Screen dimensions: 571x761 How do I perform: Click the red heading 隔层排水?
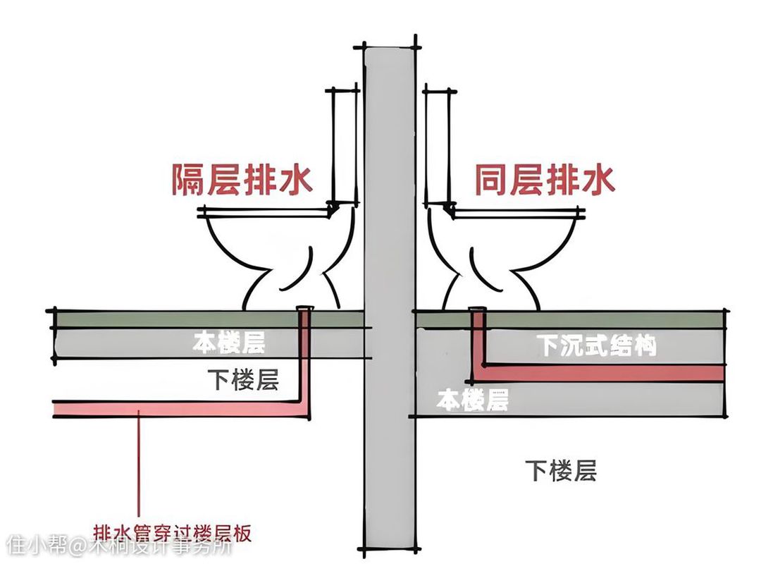coord(242,180)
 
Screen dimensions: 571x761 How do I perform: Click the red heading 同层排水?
coord(544,180)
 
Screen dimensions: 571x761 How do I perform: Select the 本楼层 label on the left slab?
coord(229,344)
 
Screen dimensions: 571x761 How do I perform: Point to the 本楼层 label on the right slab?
coord(473,400)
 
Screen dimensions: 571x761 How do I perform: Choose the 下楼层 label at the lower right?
coord(561,470)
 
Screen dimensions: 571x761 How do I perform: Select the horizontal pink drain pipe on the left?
coord(176,410)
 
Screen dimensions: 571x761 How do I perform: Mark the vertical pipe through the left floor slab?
coord(305,352)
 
